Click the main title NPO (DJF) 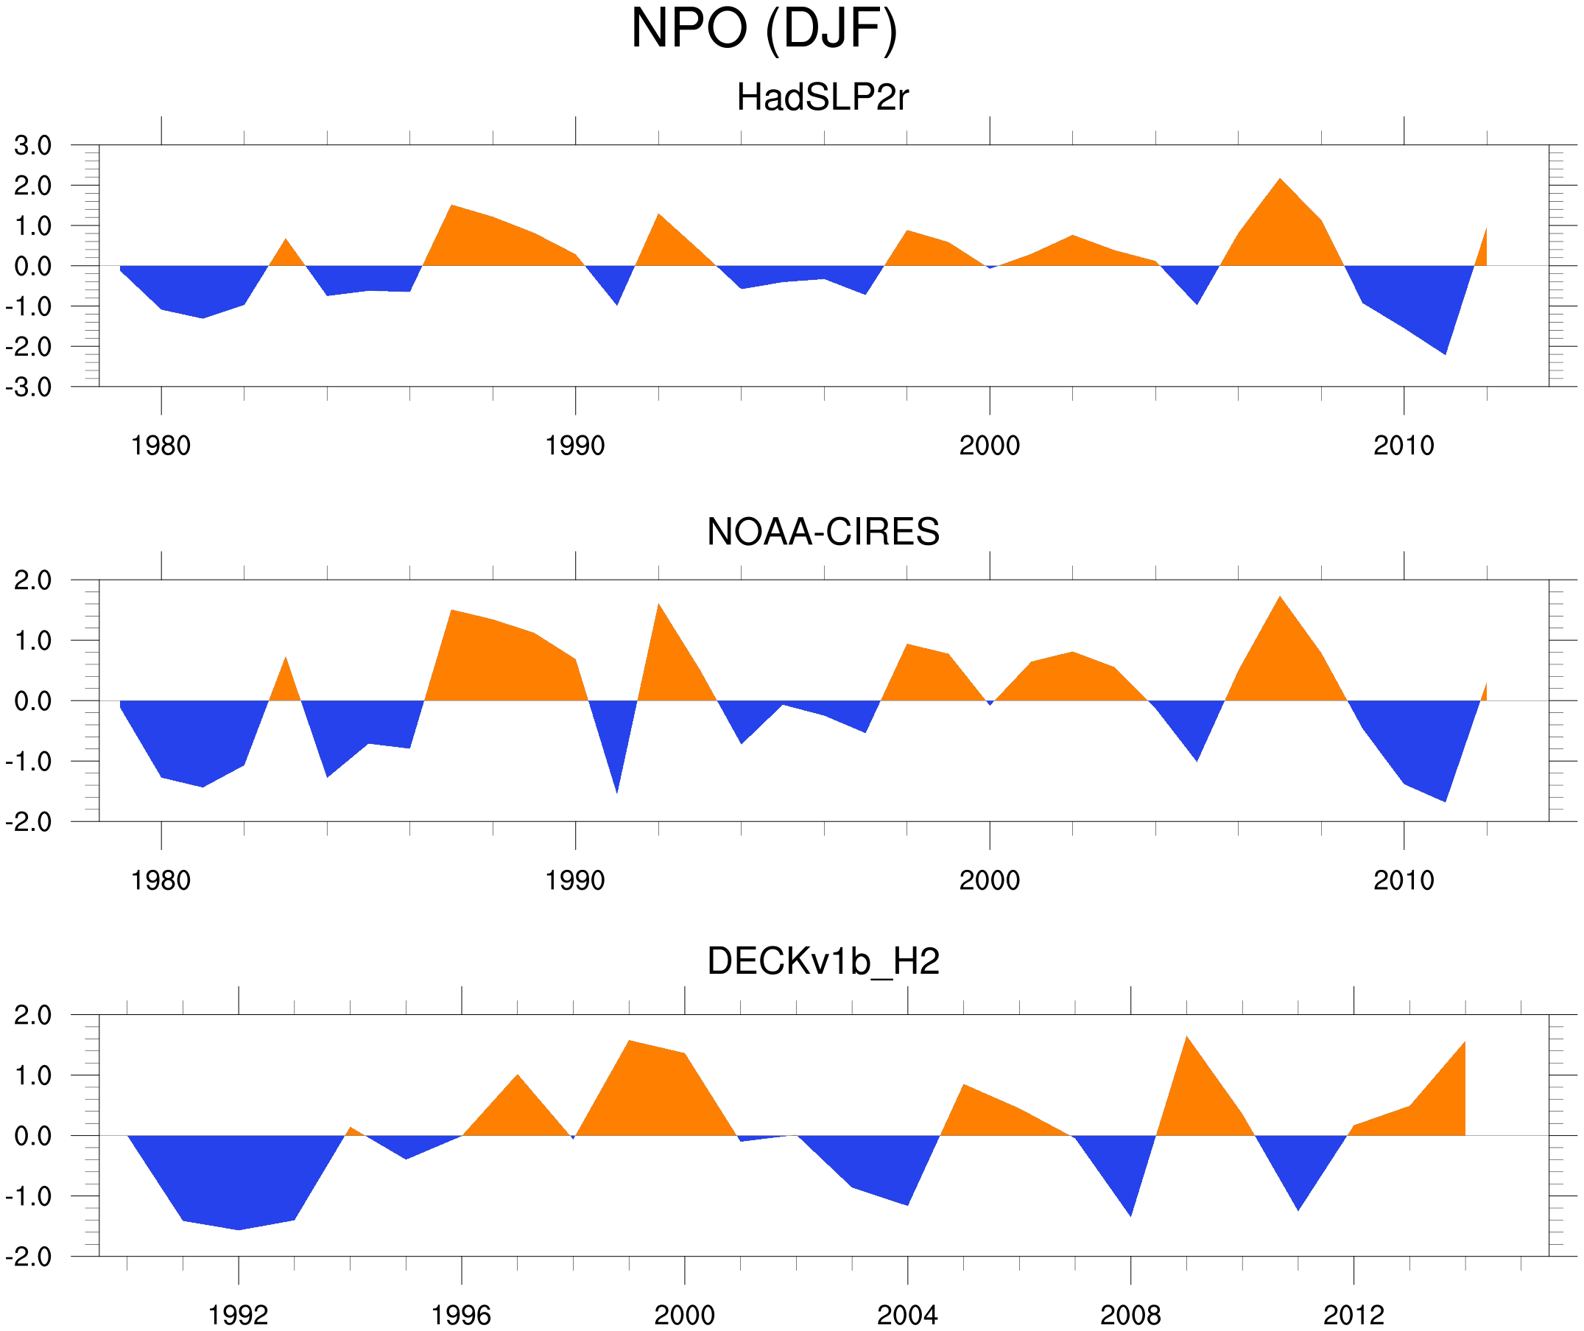[764, 29]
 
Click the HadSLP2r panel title [822, 98]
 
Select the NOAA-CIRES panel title [823, 532]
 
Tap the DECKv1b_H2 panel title [823, 961]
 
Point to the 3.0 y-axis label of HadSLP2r [32, 146]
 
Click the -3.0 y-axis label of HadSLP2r [29, 388]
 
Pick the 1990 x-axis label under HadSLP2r [575, 446]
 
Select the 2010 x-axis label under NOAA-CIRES [1403, 880]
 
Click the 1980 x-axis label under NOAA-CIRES [161, 880]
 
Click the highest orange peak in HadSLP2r [1280, 180]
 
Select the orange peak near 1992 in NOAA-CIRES [658, 605]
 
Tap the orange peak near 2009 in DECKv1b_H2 [1186, 1039]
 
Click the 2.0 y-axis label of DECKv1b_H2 [32, 1016]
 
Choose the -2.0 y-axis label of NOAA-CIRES [29, 823]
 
